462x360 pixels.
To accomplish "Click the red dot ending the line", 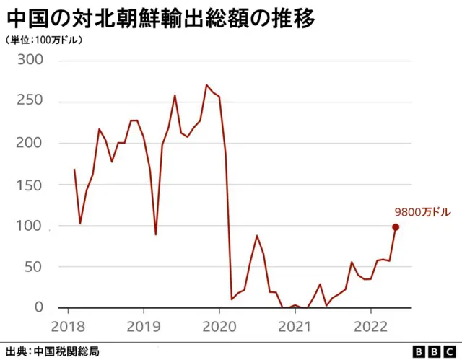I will pos(396,227).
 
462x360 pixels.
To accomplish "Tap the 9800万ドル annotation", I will pos(422,212).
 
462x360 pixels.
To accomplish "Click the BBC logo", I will pos(430,351).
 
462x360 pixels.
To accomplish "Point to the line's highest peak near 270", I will pos(206,85).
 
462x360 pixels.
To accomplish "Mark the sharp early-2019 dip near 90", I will pos(156,234).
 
